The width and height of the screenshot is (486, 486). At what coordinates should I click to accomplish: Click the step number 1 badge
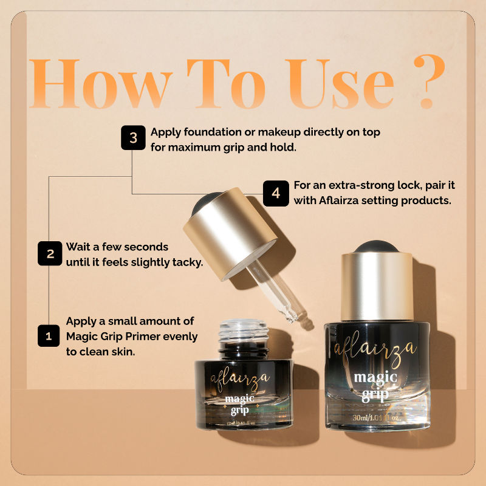click(x=49, y=335)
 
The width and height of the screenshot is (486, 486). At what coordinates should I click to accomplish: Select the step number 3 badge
click(x=132, y=138)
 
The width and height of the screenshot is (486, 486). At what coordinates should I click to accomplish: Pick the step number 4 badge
click(x=276, y=193)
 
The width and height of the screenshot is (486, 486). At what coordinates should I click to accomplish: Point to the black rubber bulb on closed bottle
click(x=377, y=247)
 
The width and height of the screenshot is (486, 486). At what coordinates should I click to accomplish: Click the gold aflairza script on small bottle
click(x=239, y=379)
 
